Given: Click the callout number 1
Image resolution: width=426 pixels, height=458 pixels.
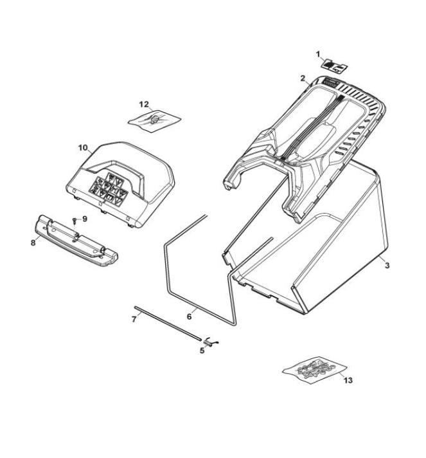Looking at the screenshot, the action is [318, 54].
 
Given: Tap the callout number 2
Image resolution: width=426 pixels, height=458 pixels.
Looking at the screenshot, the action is [303, 78].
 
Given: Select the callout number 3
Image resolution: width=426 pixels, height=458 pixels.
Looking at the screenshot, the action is [387, 266].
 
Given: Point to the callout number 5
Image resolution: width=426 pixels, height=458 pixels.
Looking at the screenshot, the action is [202, 350].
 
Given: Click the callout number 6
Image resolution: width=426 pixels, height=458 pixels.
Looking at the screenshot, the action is [190, 316].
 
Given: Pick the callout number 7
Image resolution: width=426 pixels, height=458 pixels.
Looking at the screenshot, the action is [134, 320].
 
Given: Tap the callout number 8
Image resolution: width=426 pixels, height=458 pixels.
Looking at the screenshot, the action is [33, 243].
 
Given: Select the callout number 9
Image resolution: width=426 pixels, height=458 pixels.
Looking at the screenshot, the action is [85, 219].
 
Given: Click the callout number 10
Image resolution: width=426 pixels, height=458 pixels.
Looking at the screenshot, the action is [83, 148].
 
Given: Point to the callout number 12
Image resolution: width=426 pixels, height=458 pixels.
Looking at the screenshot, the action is [144, 104].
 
